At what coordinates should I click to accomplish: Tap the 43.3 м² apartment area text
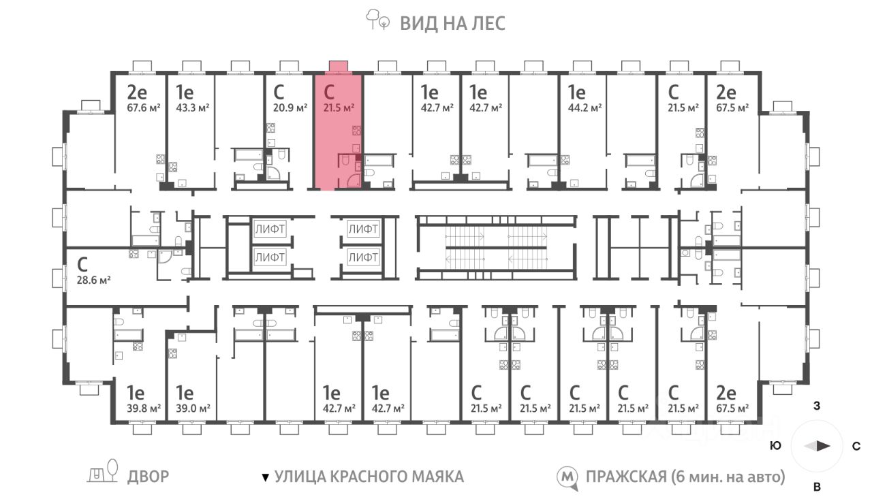pyautogui.click(x=193, y=108)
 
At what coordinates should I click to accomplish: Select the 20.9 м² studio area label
pyautogui.click(x=290, y=108)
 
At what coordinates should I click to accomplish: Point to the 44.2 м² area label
pyautogui.click(x=586, y=108)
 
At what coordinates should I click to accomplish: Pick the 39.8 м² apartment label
pyautogui.click(x=144, y=408)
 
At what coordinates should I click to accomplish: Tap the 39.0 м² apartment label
pyautogui.click(x=193, y=408)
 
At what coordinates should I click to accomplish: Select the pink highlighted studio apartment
pyautogui.click(x=338, y=129)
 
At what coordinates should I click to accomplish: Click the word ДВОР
pyautogui.click(x=148, y=476)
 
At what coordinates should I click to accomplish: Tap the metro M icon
pyautogui.click(x=567, y=476)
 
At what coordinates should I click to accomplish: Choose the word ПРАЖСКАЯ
pyautogui.click(x=623, y=476)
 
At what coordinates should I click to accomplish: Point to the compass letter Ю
pyautogui.click(x=775, y=447)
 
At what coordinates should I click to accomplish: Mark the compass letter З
pyautogui.click(x=816, y=407)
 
